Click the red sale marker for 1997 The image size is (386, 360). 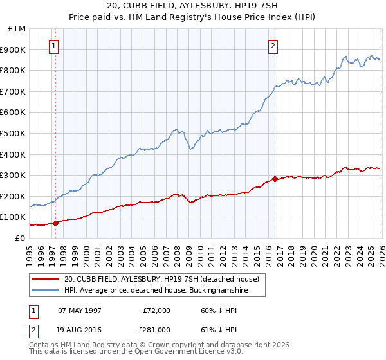(55, 223)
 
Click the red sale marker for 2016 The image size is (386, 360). (275, 179)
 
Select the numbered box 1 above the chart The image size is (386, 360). (53, 46)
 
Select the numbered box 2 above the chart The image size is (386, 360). (273, 46)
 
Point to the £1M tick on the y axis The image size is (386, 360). (17, 29)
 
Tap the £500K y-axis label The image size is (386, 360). (14, 134)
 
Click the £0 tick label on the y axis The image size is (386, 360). (21, 238)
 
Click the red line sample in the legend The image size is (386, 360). (46, 279)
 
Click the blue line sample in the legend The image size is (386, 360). (46, 291)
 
